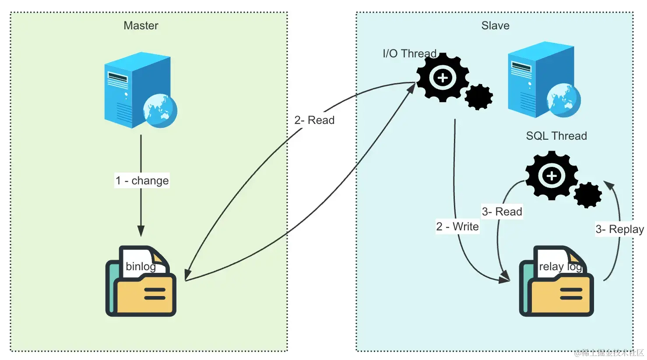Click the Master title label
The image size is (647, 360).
[141, 25]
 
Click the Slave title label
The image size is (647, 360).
[495, 25]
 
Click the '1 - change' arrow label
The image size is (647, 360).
[142, 180]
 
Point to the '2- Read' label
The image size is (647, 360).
[314, 120]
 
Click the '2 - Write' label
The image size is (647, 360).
[457, 226]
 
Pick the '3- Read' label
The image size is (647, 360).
[502, 212]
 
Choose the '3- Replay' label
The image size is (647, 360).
[619, 229]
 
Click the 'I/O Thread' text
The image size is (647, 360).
[410, 53]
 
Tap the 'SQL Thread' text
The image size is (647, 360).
[556, 136]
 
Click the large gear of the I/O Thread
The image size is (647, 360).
[443, 78]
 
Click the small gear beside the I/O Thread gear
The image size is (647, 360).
[478, 97]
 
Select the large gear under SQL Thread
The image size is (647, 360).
[552, 176]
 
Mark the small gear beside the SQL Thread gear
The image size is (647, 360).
[587, 195]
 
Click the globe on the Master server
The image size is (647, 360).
[160, 111]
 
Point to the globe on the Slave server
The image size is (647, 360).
[563, 100]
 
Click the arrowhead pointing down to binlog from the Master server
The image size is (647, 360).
[141, 231]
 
